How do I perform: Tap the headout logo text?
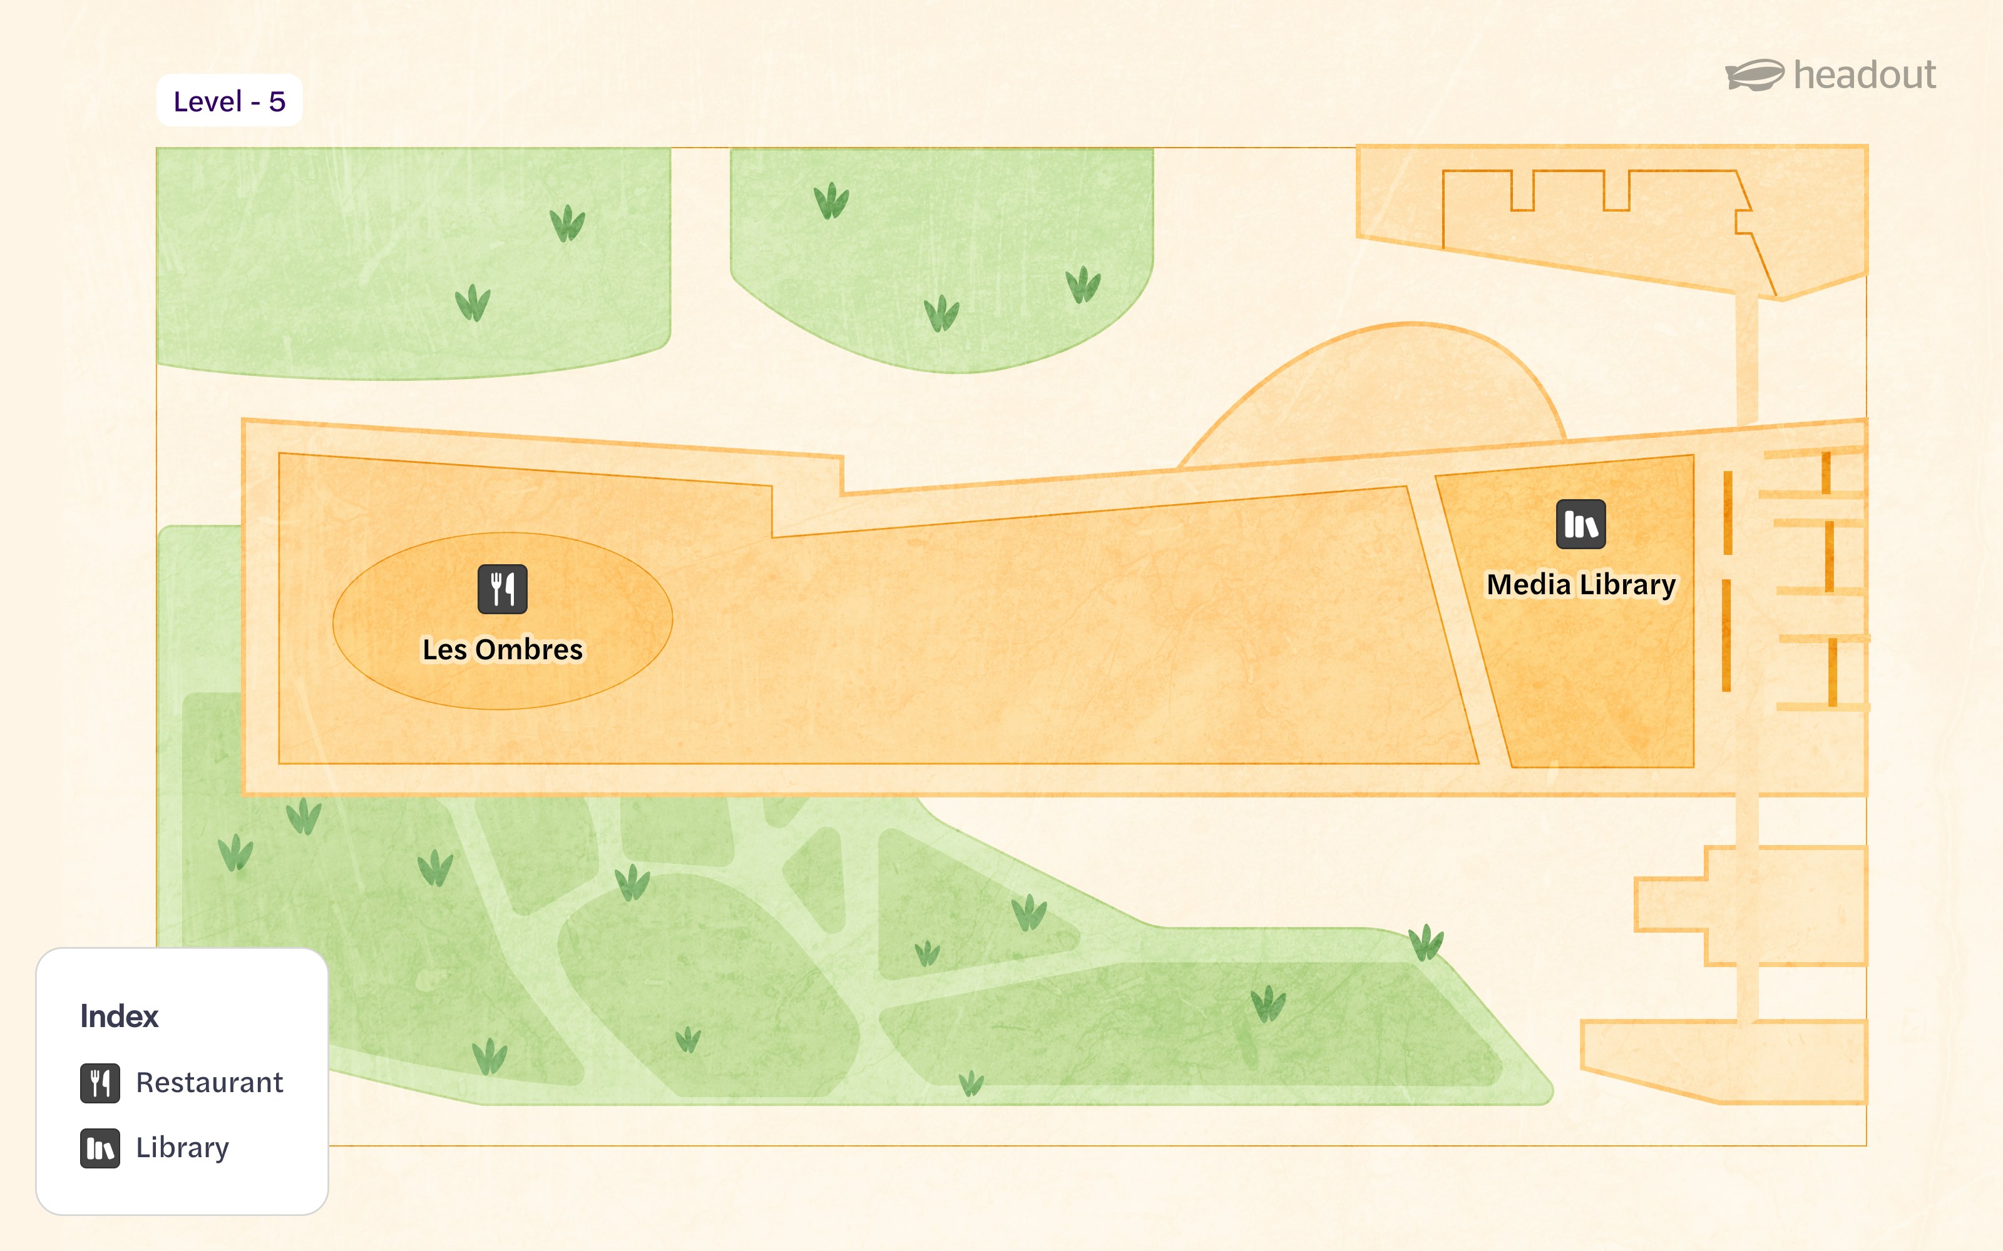pyautogui.click(x=1864, y=75)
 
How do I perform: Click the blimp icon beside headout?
pyautogui.click(x=1755, y=75)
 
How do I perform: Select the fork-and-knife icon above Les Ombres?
pyautogui.click(x=503, y=589)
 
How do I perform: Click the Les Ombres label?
pyautogui.click(x=503, y=649)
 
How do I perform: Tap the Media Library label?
pyautogui.click(x=1581, y=584)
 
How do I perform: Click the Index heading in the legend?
pyautogui.click(x=119, y=1016)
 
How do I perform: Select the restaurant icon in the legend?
pyautogui.click(x=100, y=1083)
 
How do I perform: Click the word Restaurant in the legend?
pyautogui.click(x=210, y=1082)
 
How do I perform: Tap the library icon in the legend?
pyautogui.click(x=100, y=1148)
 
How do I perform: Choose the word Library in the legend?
pyautogui.click(x=182, y=1148)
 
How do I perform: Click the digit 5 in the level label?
pyautogui.click(x=277, y=102)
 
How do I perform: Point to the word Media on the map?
pyautogui.click(x=1528, y=584)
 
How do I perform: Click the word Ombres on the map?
pyautogui.click(x=529, y=649)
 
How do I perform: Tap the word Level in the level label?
pyautogui.click(x=208, y=102)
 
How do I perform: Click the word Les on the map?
pyautogui.click(x=444, y=649)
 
